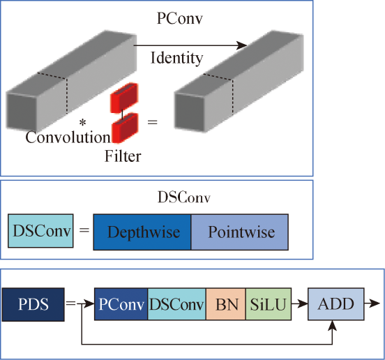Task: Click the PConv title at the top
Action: click(180, 18)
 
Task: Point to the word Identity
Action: click(176, 59)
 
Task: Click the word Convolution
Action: click(68, 137)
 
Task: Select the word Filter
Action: click(123, 156)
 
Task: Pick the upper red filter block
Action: click(124, 98)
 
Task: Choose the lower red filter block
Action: click(125, 128)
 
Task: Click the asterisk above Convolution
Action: click(83, 123)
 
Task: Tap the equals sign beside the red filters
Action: click(152, 122)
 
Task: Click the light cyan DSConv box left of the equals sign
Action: click(40, 231)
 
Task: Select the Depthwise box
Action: click(142, 232)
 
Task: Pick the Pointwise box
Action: click(240, 232)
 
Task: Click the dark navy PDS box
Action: click(33, 304)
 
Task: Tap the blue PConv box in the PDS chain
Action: click(121, 304)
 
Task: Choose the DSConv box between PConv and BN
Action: click(176, 304)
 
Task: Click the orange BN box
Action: click(226, 304)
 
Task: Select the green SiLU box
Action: click(269, 304)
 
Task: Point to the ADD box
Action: click(336, 304)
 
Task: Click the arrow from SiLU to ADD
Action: click(299, 304)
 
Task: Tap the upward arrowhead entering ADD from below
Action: click(332, 325)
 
